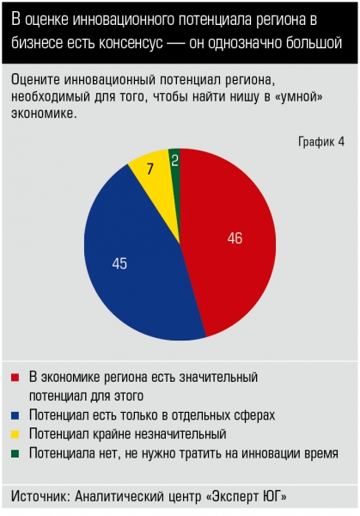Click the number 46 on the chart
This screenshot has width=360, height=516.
(235, 238)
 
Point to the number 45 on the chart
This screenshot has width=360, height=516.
(119, 264)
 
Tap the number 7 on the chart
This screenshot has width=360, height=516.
(150, 169)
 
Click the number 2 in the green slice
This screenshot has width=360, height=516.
(175, 161)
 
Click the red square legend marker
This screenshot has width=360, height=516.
(15, 378)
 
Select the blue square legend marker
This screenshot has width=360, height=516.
(15, 415)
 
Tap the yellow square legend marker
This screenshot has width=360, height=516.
(15, 434)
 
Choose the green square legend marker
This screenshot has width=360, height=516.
(15, 454)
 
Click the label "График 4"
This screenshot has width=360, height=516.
(321, 142)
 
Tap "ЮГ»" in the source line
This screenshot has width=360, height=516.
(275, 496)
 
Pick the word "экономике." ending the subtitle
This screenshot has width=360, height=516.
(44, 114)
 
